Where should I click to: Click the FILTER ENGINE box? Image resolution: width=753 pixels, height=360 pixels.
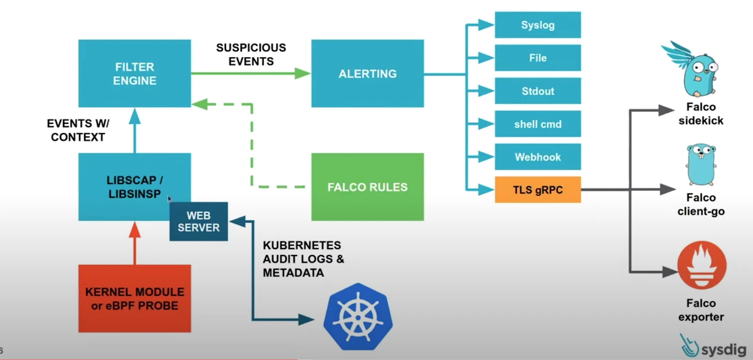[x=135, y=73]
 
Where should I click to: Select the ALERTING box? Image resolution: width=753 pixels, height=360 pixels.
[x=367, y=73]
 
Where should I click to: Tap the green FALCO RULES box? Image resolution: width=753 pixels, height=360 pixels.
[x=367, y=187]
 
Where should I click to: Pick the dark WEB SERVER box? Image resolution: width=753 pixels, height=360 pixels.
[x=199, y=222]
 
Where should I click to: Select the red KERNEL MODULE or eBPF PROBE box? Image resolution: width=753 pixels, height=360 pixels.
[x=135, y=298]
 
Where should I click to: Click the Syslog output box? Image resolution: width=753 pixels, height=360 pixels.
[x=537, y=25]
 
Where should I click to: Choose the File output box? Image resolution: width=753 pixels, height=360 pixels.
[x=537, y=58]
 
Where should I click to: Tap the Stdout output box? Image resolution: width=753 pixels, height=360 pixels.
[x=537, y=91]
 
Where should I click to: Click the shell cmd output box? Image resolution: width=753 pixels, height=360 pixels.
[x=537, y=124]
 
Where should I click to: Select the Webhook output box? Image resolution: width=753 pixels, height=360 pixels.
[x=537, y=157]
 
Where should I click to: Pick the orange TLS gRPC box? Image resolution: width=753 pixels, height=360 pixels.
[x=537, y=190]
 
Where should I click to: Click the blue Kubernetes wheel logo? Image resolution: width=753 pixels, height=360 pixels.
[x=358, y=316]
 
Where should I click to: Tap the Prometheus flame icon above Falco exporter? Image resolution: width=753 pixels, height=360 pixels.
[x=701, y=265]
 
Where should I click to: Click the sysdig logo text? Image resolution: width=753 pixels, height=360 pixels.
[x=723, y=349]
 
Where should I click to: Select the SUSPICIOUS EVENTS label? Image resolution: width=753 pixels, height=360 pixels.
[x=251, y=55]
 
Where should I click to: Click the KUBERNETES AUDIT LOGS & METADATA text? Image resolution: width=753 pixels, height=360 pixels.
[x=302, y=259]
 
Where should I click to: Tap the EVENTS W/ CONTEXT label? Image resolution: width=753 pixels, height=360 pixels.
[x=78, y=130]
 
